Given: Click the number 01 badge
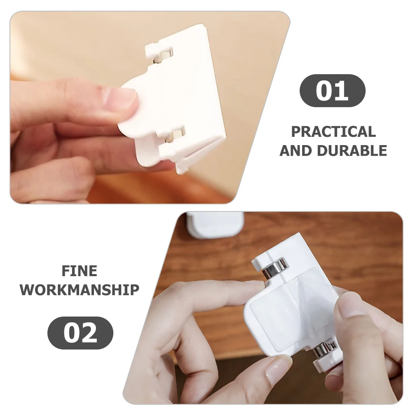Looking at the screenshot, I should tap(332, 91).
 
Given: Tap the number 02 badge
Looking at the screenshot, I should tap(80, 333).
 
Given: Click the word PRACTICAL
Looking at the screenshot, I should tap(333, 132).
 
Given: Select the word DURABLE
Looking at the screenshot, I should tap(352, 151).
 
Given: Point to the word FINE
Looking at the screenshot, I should tap(80, 271).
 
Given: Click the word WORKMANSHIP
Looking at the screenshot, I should tap(80, 290).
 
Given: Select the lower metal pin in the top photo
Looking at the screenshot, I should tap(176, 134).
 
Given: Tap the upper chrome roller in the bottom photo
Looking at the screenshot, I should tap(273, 268).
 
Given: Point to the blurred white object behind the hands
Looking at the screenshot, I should tap(215, 224).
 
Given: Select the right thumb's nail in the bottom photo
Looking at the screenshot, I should tap(350, 303).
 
